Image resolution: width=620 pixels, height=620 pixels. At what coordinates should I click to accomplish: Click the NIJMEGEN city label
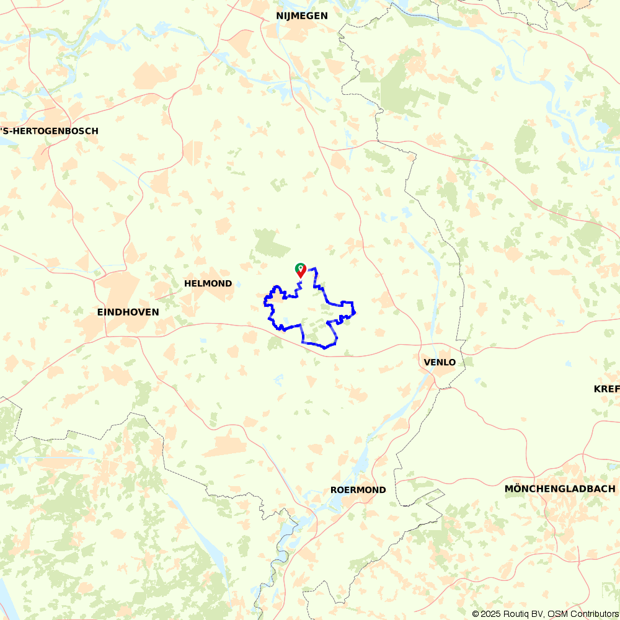point(302,16)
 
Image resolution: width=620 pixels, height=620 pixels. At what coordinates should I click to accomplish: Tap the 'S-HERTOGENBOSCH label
point(49,131)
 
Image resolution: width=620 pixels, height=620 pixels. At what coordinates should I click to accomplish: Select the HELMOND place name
point(208,283)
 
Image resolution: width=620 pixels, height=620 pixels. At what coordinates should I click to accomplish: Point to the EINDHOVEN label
point(128,312)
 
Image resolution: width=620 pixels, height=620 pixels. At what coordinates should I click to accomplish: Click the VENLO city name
point(440,362)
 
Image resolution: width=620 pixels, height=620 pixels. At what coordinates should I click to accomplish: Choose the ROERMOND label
point(358,490)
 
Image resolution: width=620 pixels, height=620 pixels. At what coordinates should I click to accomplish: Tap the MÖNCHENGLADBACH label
point(559,489)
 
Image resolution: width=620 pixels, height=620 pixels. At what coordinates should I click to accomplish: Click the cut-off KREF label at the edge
point(606,389)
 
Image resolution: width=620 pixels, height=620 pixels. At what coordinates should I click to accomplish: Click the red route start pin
point(301,270)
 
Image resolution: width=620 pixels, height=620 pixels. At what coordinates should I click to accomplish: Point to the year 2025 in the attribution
point(490,614)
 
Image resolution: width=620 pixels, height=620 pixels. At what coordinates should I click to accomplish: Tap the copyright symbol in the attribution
point(476,614)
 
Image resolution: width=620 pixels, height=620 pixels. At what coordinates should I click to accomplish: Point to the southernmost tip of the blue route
point(324,348)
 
